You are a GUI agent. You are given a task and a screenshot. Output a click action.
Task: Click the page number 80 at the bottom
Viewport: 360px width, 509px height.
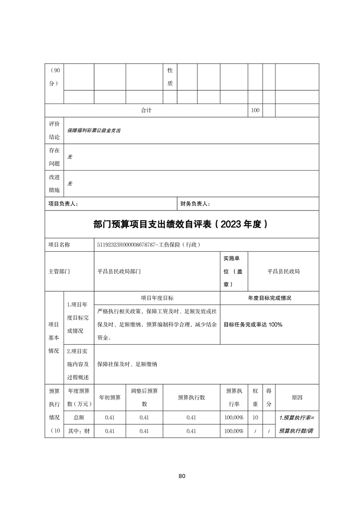(x=182, y=476)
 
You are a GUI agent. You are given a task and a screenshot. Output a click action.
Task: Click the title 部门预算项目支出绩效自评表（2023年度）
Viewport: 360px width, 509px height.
(x=182, y=224)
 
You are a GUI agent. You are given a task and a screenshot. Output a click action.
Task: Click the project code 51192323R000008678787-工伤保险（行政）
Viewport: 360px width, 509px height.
(x=148, y=245)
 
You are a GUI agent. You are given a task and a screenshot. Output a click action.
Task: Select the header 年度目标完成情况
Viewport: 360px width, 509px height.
(x=269, y=298)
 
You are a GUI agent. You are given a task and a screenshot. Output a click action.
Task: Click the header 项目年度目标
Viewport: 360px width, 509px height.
(x=157, y=298)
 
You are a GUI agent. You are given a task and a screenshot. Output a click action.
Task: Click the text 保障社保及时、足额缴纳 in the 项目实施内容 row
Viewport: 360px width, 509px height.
(x=127, y=364)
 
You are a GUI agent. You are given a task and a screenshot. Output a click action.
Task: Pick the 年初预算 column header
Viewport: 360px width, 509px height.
(x=109, y=397)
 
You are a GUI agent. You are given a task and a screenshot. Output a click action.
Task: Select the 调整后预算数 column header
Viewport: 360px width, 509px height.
(x=144, y=397)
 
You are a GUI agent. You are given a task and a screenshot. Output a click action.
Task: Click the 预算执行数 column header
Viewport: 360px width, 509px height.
(x=191, y=397)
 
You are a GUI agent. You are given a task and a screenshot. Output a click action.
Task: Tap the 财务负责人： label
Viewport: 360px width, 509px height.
(x=195, y=204)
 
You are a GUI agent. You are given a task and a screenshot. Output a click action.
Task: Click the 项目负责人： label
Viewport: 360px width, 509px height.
(x=63, y=204)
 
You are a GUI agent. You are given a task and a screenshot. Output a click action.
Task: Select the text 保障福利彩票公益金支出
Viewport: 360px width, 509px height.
(x=94, y=130)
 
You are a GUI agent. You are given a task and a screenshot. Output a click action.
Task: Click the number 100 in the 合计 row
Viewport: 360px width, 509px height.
(x=255, y=110)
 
